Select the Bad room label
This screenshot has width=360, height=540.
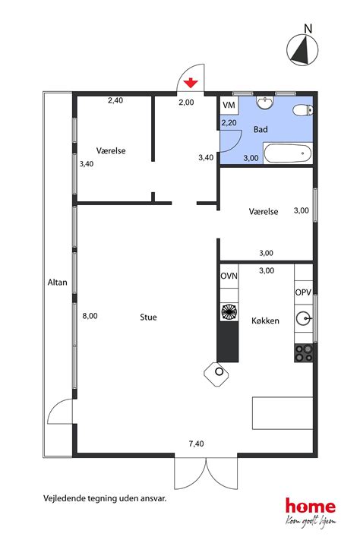[261, 130]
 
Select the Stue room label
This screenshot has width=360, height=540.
[148, 317]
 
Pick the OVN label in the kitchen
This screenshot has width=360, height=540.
[229, 276]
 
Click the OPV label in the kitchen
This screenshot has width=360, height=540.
[303, 292]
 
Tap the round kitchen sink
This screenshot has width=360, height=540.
[304, 319]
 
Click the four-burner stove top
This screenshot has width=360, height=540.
[304, 352]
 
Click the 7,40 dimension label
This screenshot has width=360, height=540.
[196, 444]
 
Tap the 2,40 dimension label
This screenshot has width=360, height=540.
[115, 100]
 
